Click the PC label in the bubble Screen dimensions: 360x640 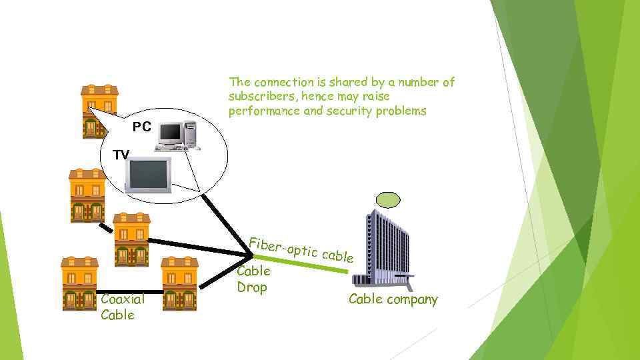point(141,127)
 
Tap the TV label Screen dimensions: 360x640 point(121,155)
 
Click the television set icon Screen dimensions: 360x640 point(149,175)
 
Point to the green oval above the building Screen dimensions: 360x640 point(388,199)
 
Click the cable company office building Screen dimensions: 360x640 point(387,247)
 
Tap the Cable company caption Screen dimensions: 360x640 point(393,299)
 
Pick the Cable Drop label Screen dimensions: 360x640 point(253,279)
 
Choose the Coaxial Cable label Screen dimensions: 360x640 point(117,307)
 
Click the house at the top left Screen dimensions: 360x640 point(99,110)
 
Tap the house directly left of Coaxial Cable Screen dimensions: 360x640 point(79,283)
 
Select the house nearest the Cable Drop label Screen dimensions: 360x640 point(179,283)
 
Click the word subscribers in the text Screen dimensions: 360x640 point(257,97)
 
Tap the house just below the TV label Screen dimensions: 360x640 point(87,195)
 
